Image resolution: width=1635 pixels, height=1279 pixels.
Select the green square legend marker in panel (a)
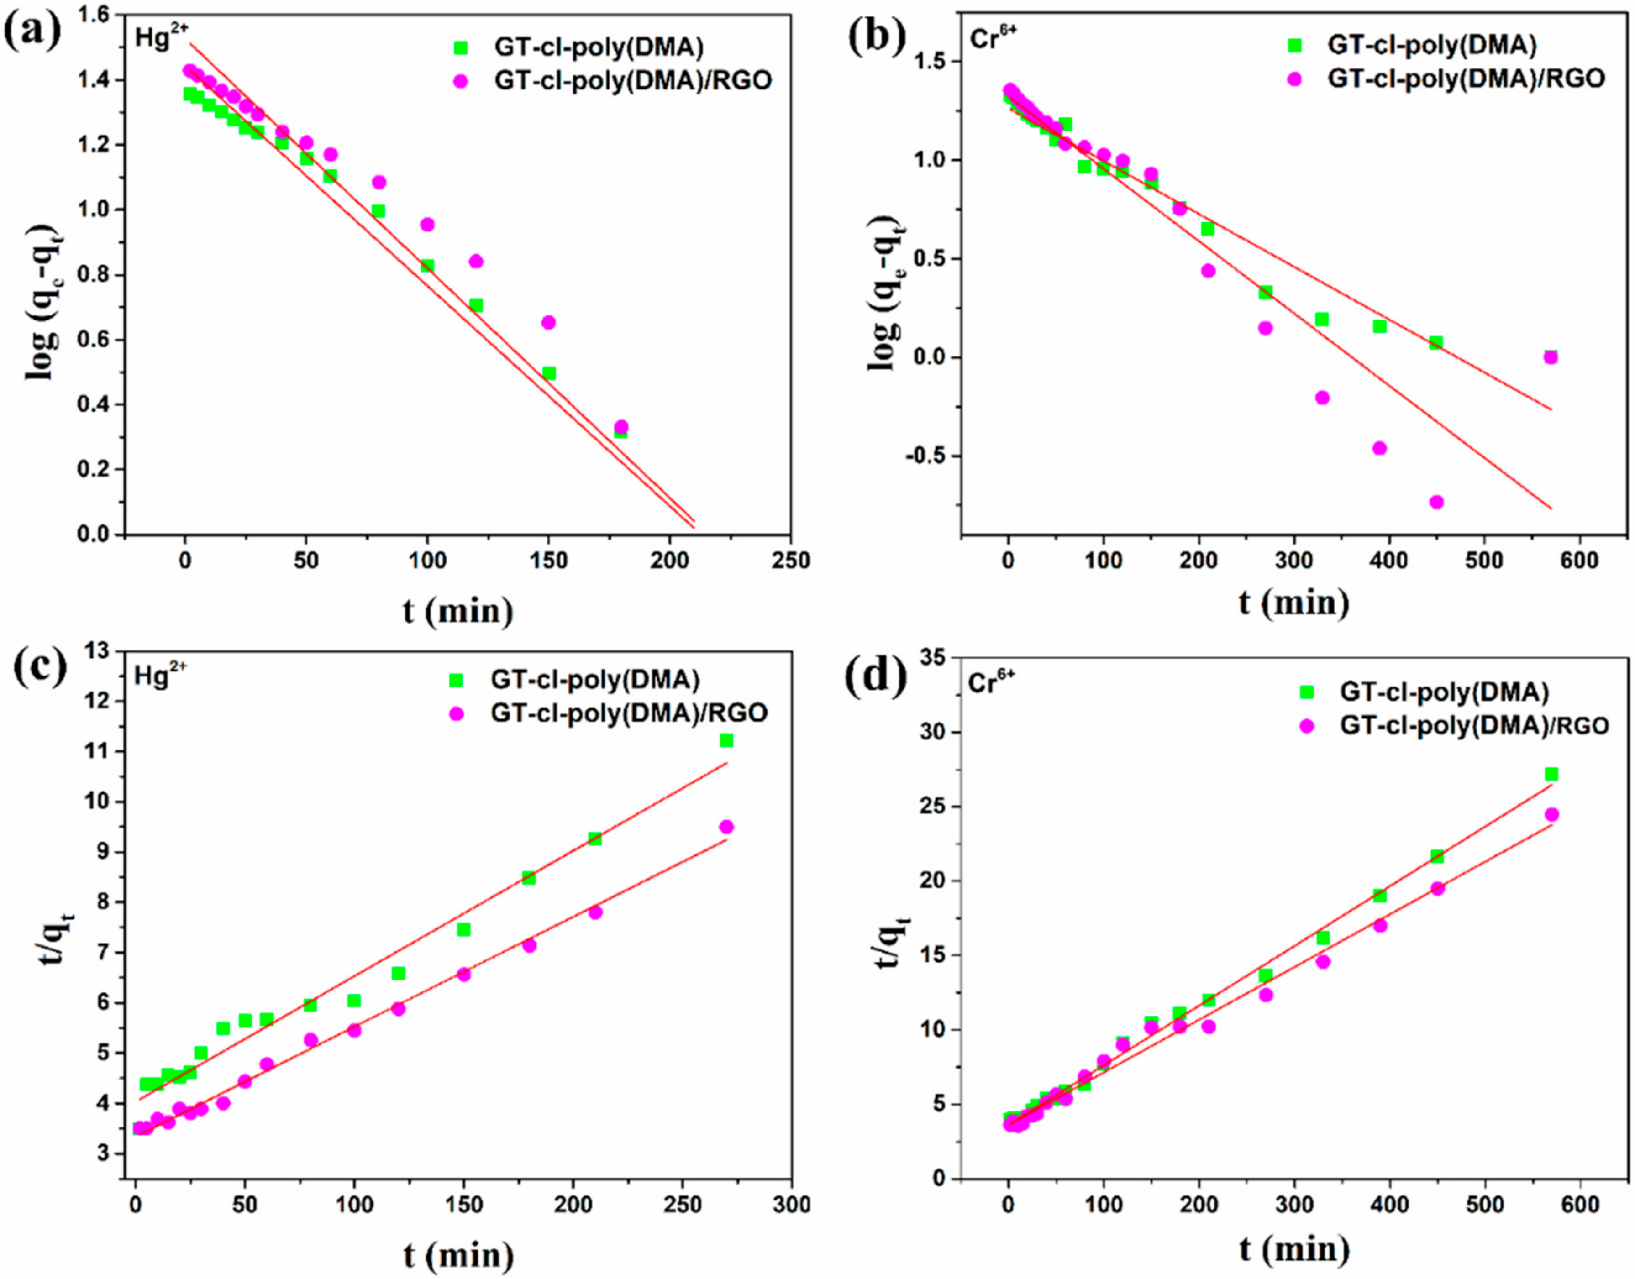[x=461, y=48]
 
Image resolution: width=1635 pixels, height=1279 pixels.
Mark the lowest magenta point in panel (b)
[x=1436, y=503]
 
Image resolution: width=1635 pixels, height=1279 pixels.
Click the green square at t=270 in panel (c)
[x=726, y=740]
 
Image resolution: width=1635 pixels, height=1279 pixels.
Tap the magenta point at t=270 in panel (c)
[x=726, y=827]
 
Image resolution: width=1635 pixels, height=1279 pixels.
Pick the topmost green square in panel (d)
[x=1551, y=774]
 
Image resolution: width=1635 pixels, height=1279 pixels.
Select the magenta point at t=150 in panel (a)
[x=548, y=322]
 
